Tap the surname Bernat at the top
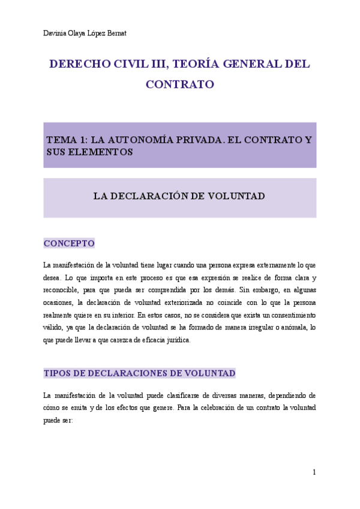tap(115, 33)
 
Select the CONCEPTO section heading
tap(69, 244)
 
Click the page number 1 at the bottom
tap(314, 472)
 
